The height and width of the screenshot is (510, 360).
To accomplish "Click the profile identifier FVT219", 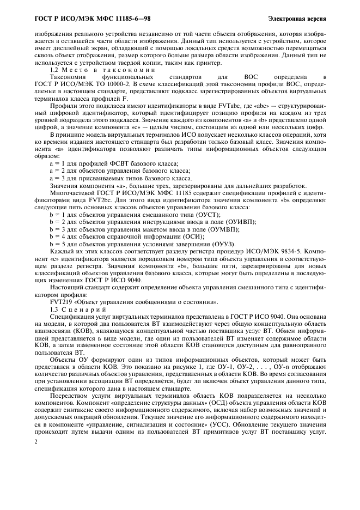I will tap(60, 302).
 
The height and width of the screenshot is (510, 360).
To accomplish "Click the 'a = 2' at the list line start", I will tap(57, 171).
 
